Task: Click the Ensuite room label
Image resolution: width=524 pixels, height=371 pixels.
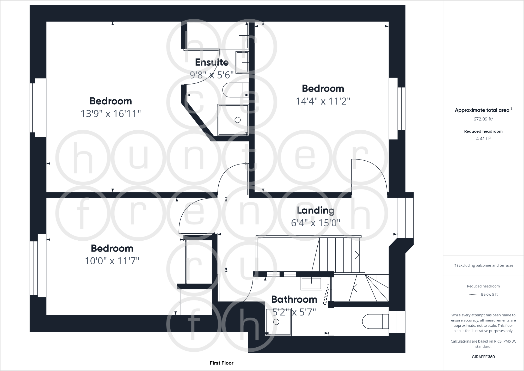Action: pos(212,62)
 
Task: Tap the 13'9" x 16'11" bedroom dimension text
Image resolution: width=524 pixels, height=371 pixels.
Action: pos(110,114)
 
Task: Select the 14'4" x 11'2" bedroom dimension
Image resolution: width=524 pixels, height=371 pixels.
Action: pos(323,101)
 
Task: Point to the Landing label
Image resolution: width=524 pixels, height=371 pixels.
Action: pos(316,210)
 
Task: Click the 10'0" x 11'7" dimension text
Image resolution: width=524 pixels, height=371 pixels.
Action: pos(112,261)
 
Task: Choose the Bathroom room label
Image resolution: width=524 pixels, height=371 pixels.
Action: pos(294,299)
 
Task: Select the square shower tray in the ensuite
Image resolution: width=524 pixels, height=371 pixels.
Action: pos(233,120)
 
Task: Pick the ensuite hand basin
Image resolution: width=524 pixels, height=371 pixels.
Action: pos(242,62)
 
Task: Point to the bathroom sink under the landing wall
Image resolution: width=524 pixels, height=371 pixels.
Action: pos(311,284)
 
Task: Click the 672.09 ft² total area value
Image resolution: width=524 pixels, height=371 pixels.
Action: pos(483,119)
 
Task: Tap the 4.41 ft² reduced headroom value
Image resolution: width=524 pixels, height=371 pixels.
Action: pos(483,139)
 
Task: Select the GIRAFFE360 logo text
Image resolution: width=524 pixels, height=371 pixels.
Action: pos(483,357)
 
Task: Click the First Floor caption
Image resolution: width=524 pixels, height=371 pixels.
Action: pos(221,363)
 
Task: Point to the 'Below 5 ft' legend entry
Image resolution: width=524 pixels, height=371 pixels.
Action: pos(489,294)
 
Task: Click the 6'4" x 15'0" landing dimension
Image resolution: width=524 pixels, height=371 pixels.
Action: pos(316,223)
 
